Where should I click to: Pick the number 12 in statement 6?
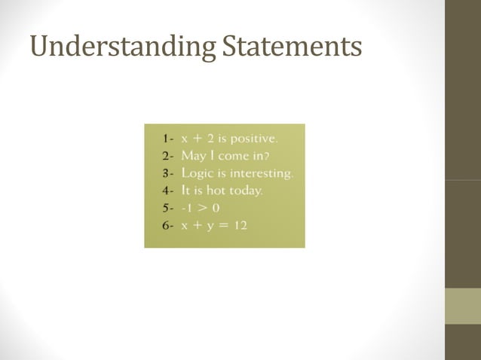(x=239, y=226)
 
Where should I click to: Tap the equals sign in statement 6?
(x=222, y=226)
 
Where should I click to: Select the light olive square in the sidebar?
(x=462, y=306)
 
